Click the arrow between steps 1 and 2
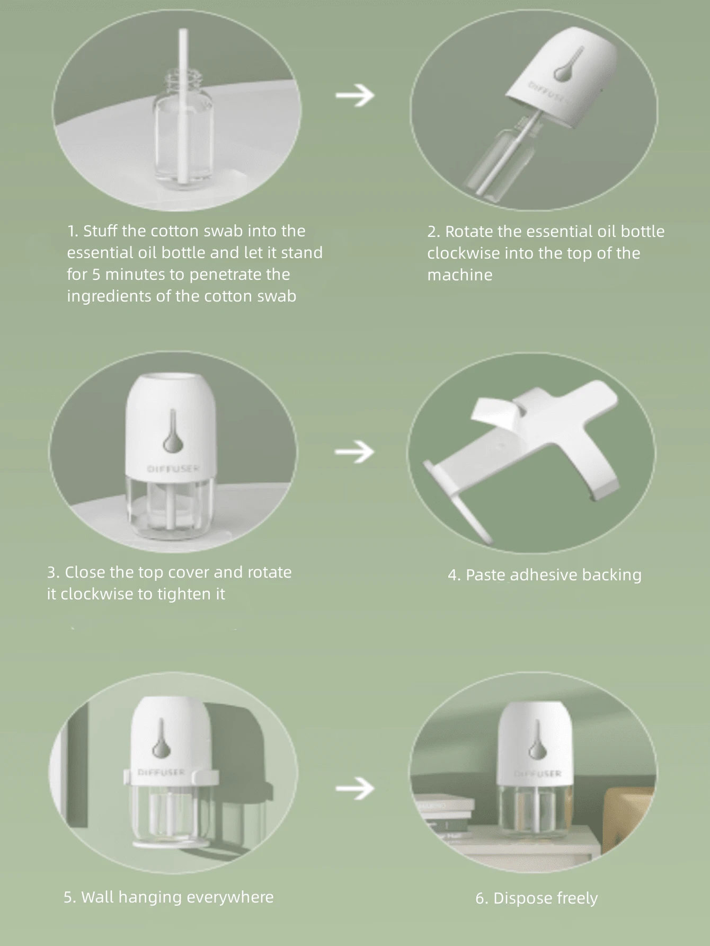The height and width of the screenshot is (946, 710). (x=355, y=95)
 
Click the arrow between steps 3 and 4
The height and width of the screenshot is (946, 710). (x=354, y=452)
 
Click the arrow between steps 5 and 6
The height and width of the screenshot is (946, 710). (x=354, y=788)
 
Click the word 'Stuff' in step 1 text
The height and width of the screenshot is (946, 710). (x=100, y=231)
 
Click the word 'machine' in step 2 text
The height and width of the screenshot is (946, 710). (x=459, y=275)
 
